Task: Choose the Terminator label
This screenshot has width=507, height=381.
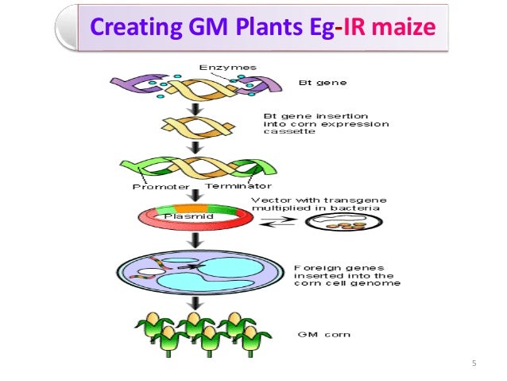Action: click(233, 187)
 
